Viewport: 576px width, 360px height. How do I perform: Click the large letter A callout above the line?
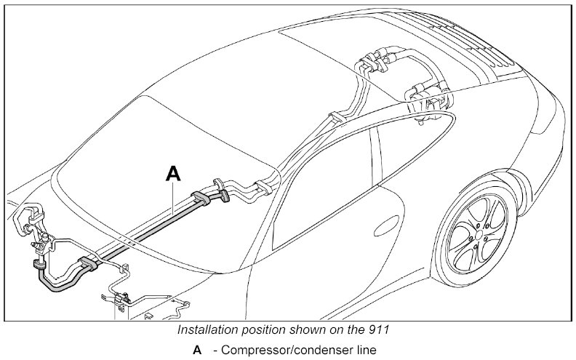pyautogui.click(x=172, y=172)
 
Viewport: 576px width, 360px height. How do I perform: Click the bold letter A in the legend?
pyautogui.click(x=196, y=351)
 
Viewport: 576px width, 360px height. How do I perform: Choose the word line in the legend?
pyautogui.click(x=364, y=351)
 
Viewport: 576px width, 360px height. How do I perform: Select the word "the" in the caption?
pyautogui.click(x=361, y=329)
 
